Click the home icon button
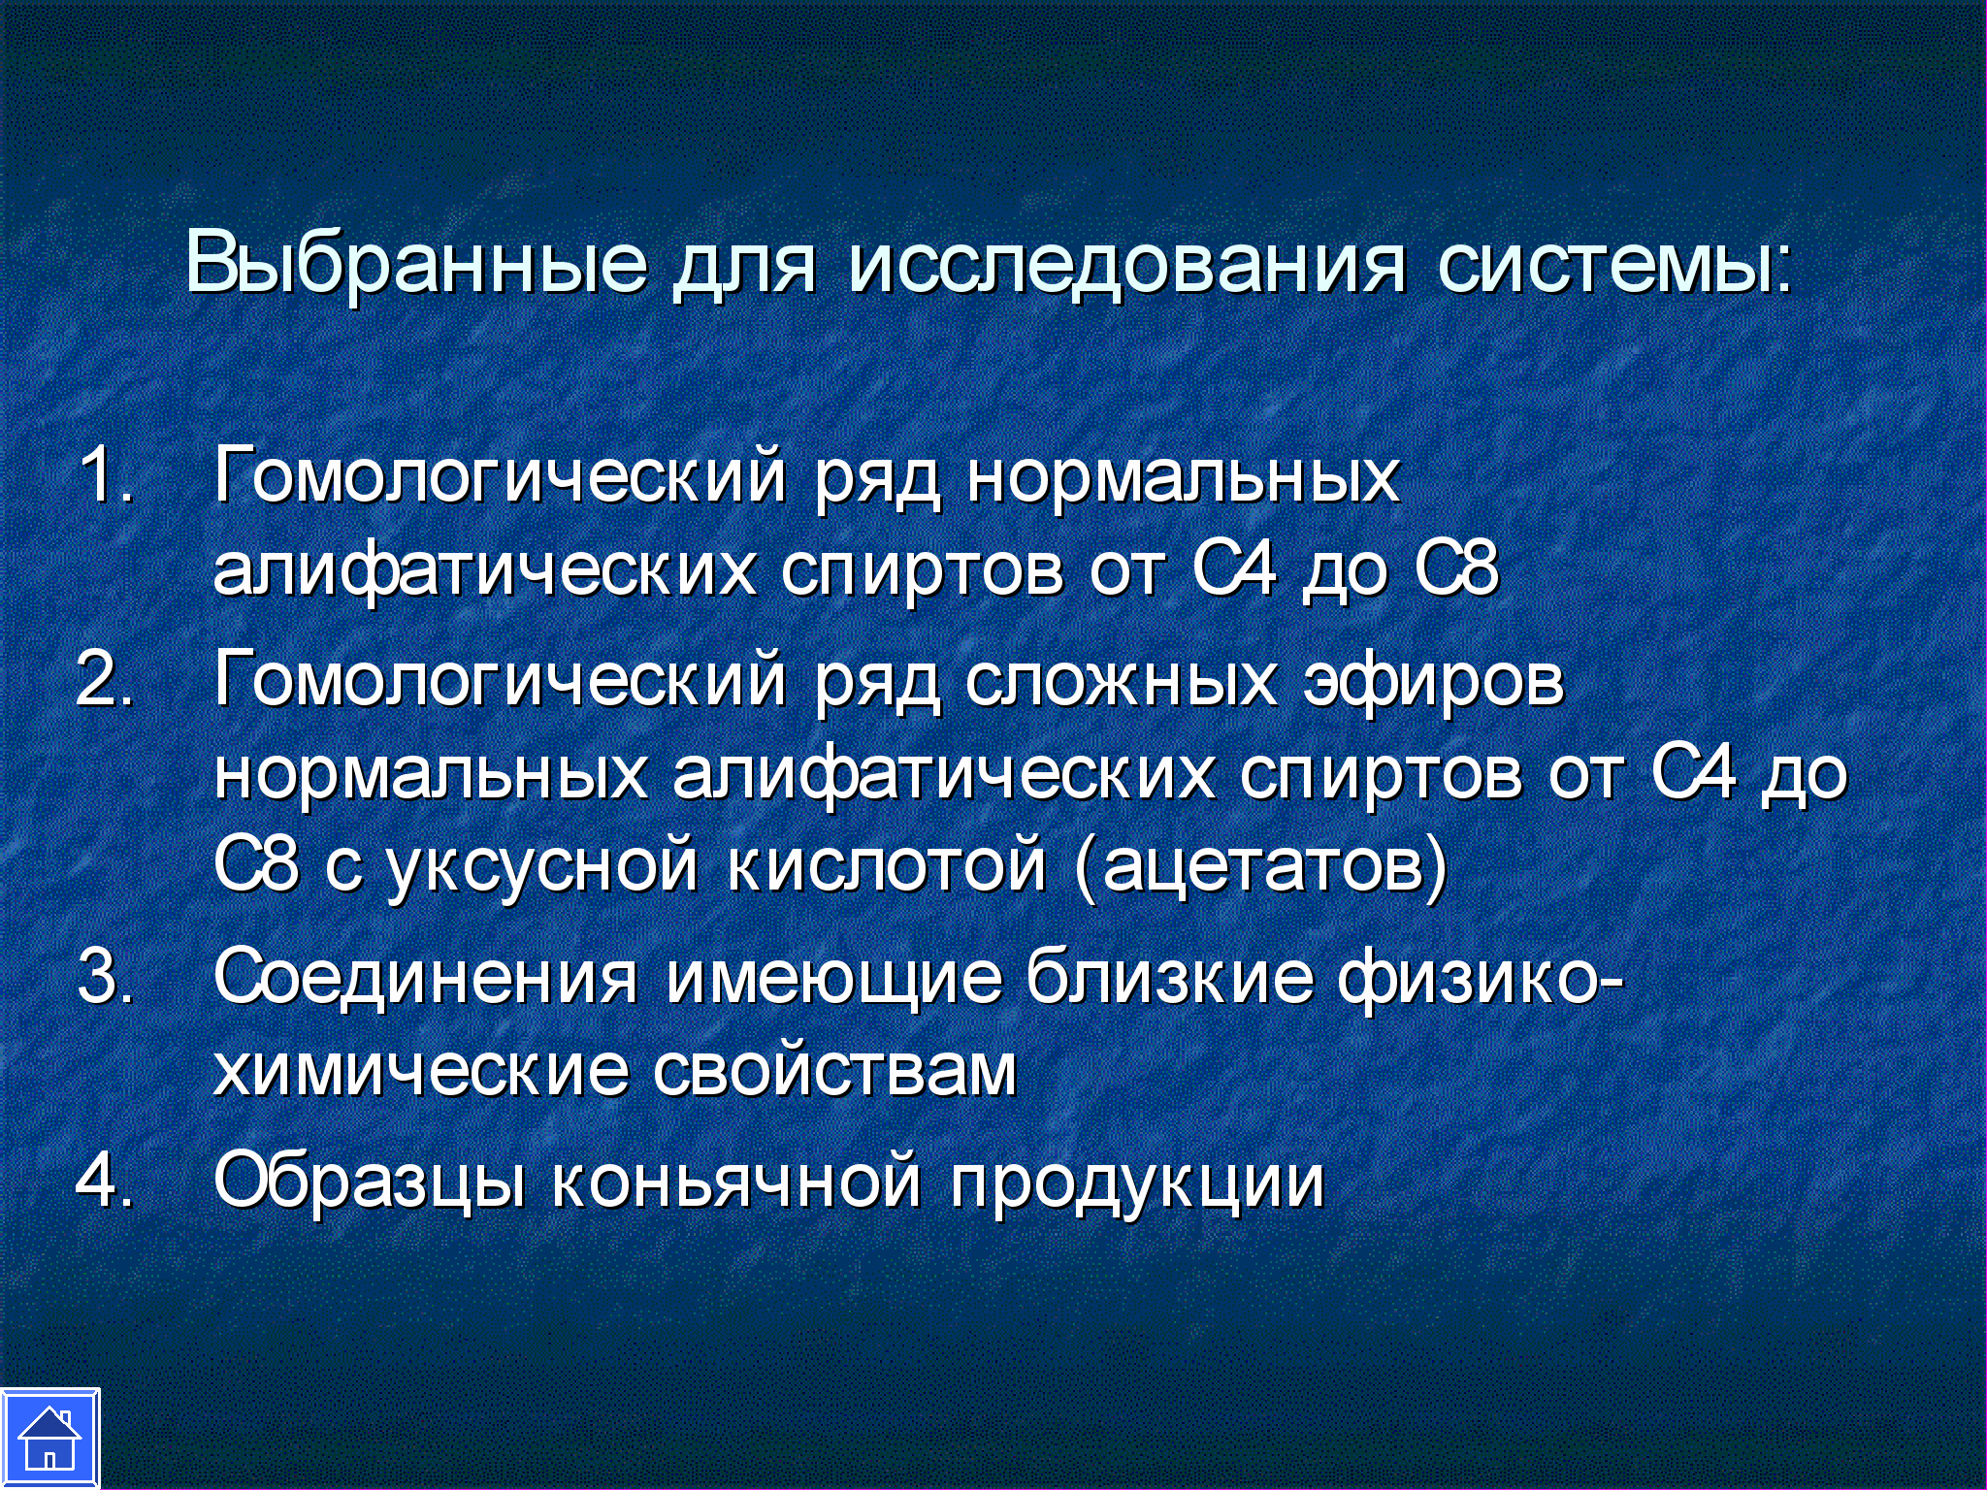click(49, 1439)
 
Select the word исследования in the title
click(1126, 264)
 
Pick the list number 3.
click(105, 975)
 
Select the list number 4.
click(104, 1179)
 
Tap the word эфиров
click(1434, 683)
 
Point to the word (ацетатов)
click(1261, 865)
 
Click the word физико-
click(1481, 979)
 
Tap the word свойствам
click(834, 1071)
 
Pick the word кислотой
click(887, 865)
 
